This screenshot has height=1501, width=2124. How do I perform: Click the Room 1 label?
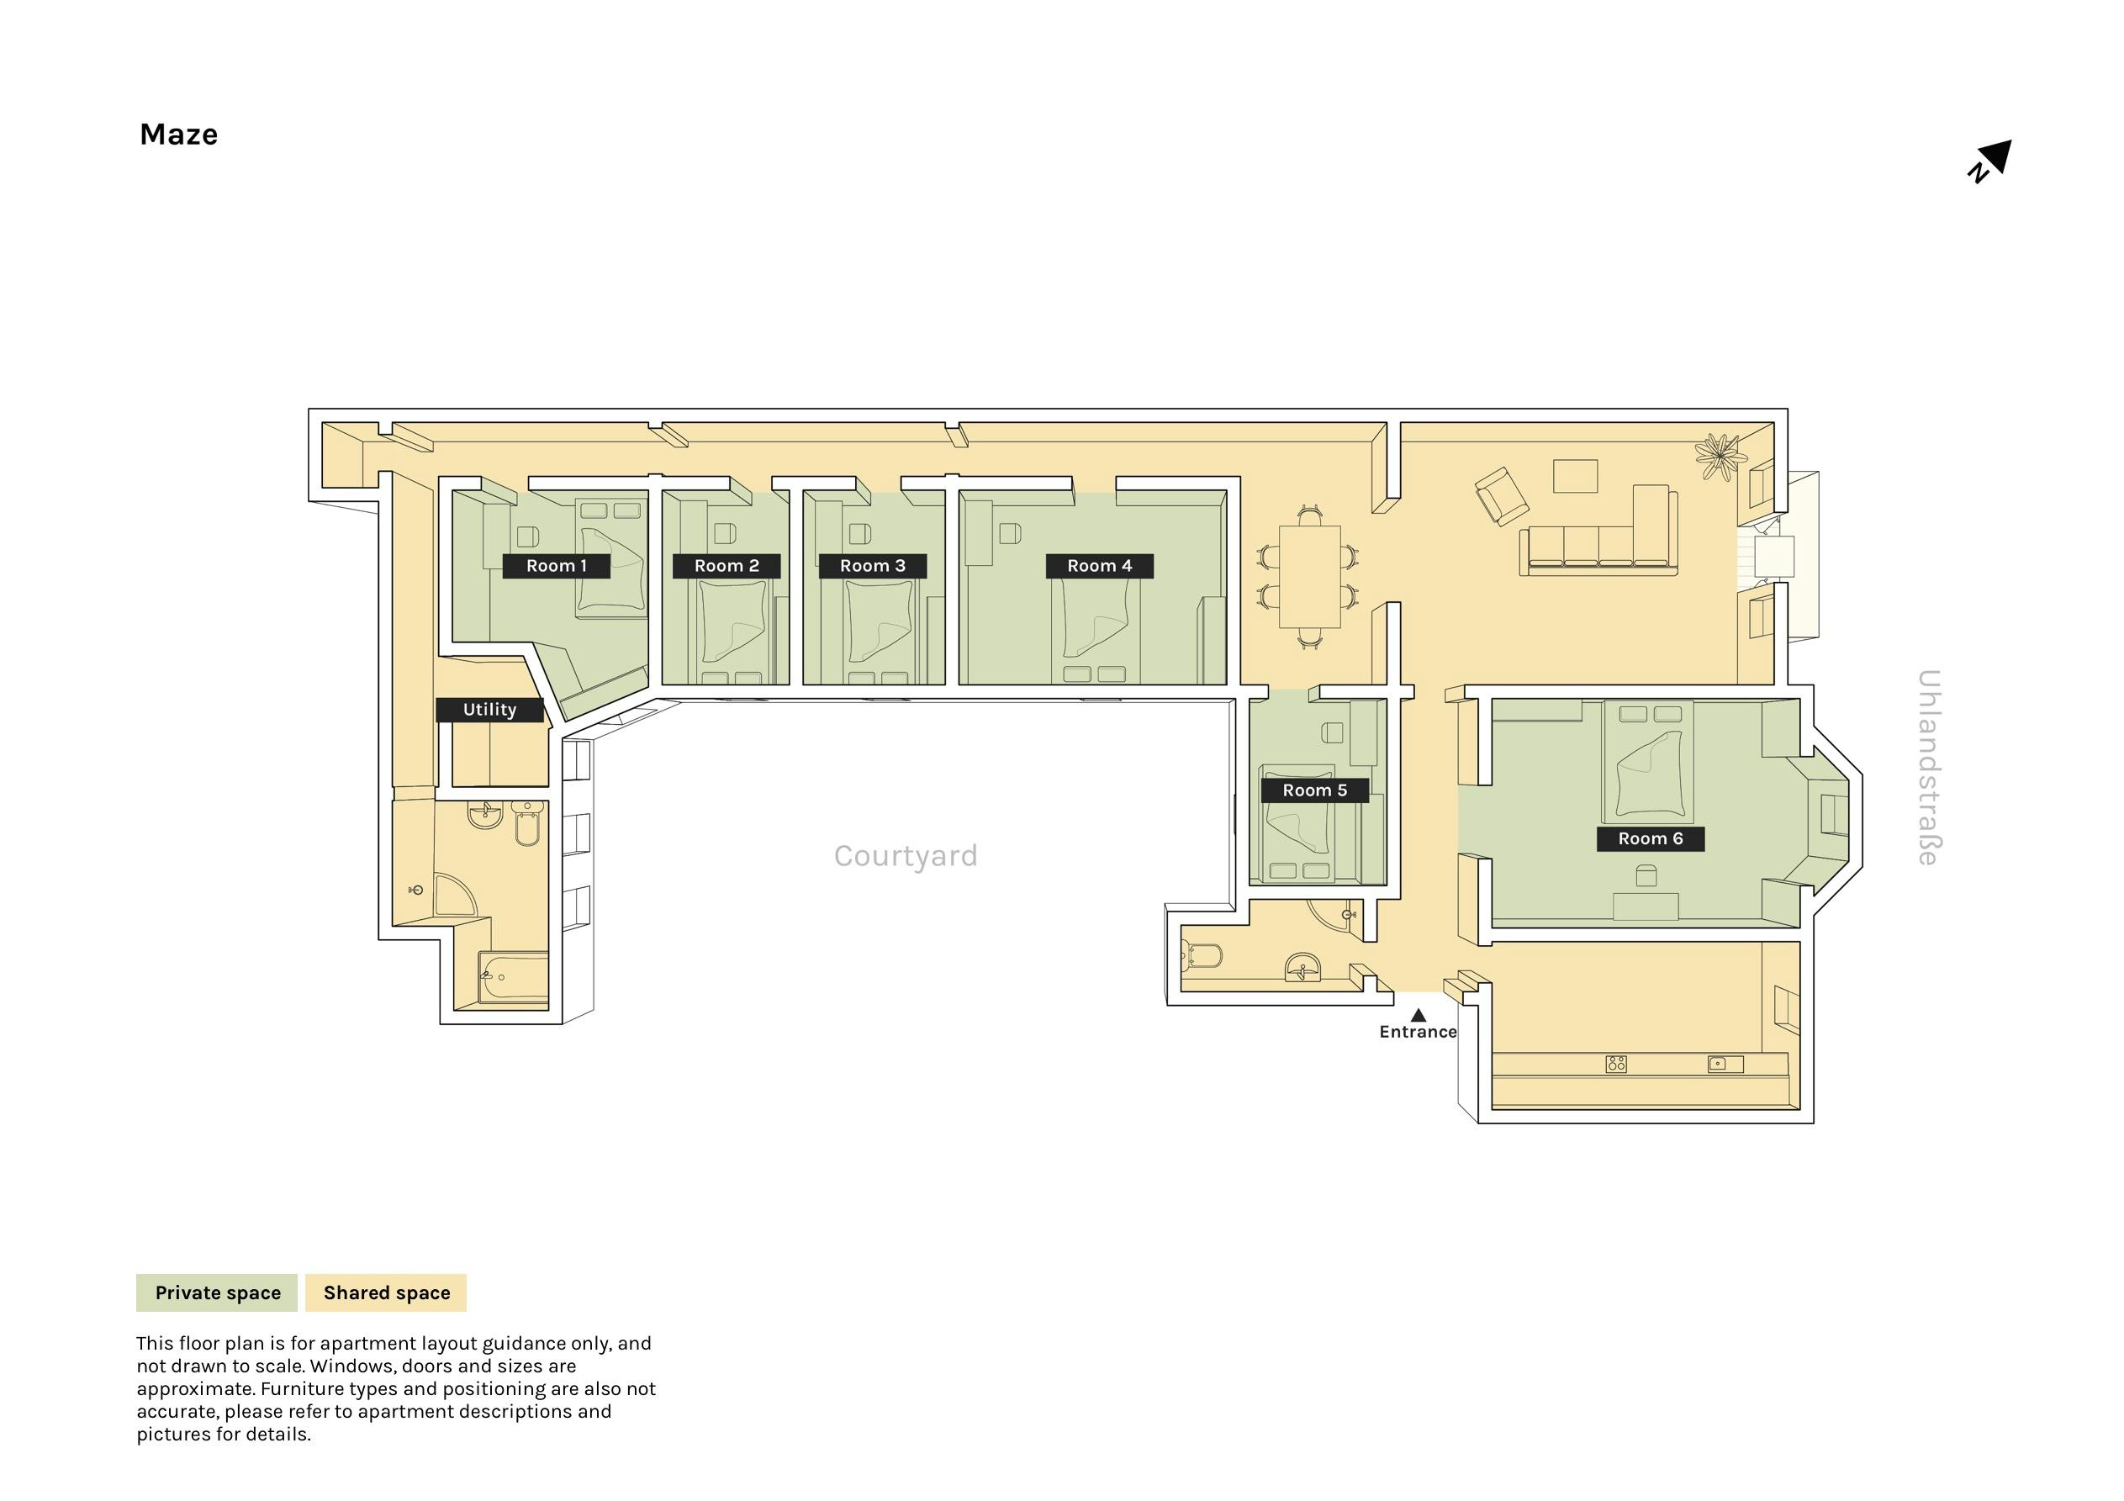pos(556,565)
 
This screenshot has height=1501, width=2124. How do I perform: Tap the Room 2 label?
pos(726,565)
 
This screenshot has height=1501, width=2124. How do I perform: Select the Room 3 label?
pos(872,565)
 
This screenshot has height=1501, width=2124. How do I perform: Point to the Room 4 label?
pos(1099,565)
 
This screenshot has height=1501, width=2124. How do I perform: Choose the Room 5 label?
pos(1314,790)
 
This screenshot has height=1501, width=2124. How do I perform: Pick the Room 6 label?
pos(1651,839)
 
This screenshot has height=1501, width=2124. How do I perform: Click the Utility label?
pos(489,710)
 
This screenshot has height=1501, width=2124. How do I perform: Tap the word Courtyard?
pos(906,856)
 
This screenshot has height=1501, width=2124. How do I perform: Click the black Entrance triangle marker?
pos(1419,1015)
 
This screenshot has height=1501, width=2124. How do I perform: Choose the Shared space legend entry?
pos(386,1292)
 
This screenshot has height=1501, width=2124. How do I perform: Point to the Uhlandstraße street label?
pos(1928,767)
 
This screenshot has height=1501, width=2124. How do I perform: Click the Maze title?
pos(178,135)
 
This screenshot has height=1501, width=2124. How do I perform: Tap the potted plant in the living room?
pos(1720,457)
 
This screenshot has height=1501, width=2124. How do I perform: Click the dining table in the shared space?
pos(1310,577)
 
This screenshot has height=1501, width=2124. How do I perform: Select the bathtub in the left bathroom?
pos(514,977)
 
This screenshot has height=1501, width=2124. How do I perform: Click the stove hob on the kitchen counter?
pos(1616,1065)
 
